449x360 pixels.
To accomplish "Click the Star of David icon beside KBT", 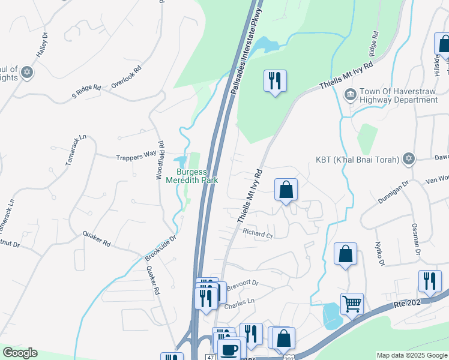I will coord(409,158).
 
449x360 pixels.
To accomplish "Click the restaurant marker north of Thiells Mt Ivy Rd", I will coord(275,80).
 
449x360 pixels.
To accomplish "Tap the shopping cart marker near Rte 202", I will coord(352,303).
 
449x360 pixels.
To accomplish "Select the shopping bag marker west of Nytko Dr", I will coord(346,253).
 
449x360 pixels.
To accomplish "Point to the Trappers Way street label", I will coord(136,156).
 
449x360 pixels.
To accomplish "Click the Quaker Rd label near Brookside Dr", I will coord(97,240).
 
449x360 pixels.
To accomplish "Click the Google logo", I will coord(20,353).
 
